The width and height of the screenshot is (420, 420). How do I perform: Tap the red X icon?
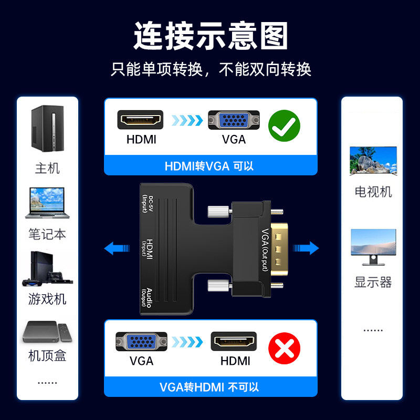284,348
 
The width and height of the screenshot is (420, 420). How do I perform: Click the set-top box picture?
47,331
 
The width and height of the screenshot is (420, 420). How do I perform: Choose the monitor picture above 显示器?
373,246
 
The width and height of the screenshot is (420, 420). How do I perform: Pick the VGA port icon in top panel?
234,120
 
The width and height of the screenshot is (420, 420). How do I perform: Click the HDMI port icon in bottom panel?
234,341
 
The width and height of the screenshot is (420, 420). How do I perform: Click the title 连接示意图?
210,35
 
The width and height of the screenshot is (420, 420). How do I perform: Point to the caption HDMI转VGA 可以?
209,166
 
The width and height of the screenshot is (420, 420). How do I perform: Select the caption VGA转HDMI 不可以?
209,388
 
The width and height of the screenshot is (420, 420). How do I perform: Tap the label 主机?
47,169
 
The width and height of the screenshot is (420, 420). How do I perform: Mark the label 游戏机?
47,299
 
